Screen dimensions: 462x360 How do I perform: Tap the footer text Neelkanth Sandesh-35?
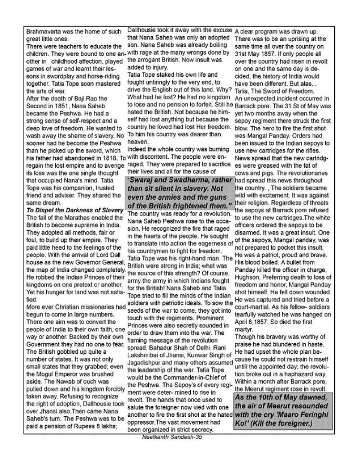coord(172,436)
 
